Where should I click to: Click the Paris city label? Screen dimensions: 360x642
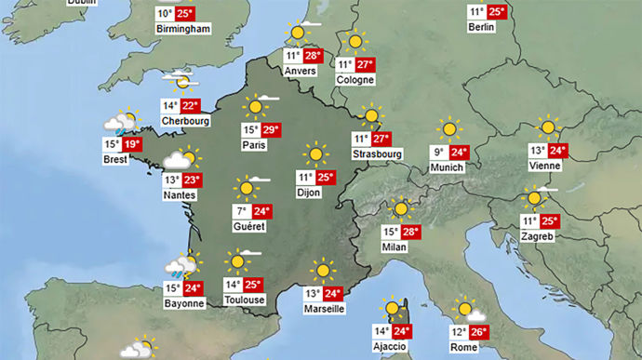pyautogui.click(x=254, y=145)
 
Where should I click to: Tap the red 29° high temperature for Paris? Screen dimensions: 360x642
pyautogui.click(x=272, y=130)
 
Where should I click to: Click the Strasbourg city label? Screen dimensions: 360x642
pyautogui.click(x=377, y=153)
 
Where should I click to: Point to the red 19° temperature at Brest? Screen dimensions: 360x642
pyautogui.click(x=131, y=144)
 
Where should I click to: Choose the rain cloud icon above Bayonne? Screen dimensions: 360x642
pyautogui.click(x=183, y=268)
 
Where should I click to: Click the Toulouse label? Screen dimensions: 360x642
pyautogui.click(x=245, y=300)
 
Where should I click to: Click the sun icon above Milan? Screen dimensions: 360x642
pyautogui.click(x=402, y=210)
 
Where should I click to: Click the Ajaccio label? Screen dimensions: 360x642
pyautogui.click(x=390, y=346)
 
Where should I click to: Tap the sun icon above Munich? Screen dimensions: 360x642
pyautogui.click(x=450, y=129)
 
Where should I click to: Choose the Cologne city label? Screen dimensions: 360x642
pyautogui.click(x=355, y=80)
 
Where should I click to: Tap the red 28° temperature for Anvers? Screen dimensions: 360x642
pyautogui.click(x=313, y=56)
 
